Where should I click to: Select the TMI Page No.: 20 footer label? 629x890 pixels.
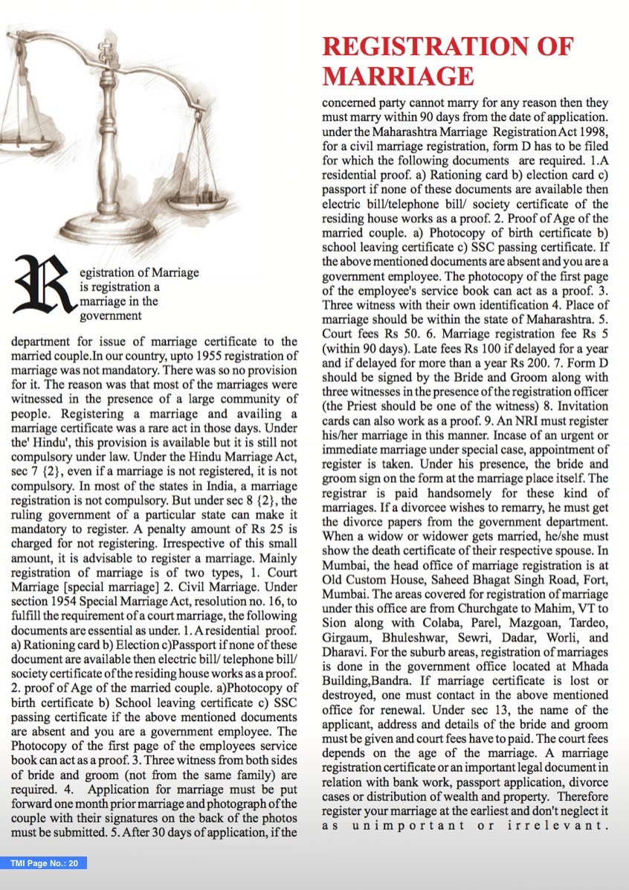pos(44,863)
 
